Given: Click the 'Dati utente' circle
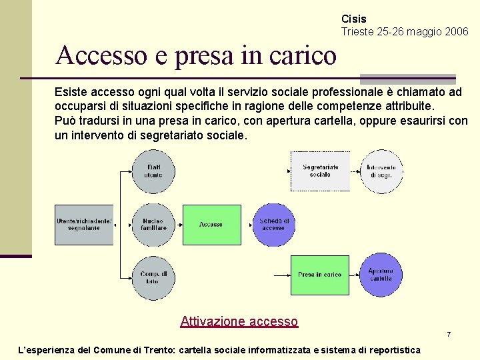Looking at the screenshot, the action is click(153, 171).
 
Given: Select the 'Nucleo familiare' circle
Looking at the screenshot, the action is click(153, 225).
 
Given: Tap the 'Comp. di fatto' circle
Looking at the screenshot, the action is click(153, 277).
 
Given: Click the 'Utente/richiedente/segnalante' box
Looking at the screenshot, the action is click(84, 225).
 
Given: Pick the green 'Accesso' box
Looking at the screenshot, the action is click(212, 225).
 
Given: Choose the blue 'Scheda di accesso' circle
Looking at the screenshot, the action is click(273, 225).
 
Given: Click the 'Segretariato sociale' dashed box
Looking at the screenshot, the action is click(320, 171).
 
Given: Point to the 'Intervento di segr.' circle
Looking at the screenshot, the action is click(381, 171).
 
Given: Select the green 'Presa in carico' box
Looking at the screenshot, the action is click(320, 275).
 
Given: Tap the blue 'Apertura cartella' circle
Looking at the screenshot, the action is click(381, 275).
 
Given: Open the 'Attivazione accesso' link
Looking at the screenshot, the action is click(239, 321).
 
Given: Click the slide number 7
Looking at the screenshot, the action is click(449, 334).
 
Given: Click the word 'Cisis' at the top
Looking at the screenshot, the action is click(353, 19).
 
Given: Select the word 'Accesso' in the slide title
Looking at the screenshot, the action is click(96, 55).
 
